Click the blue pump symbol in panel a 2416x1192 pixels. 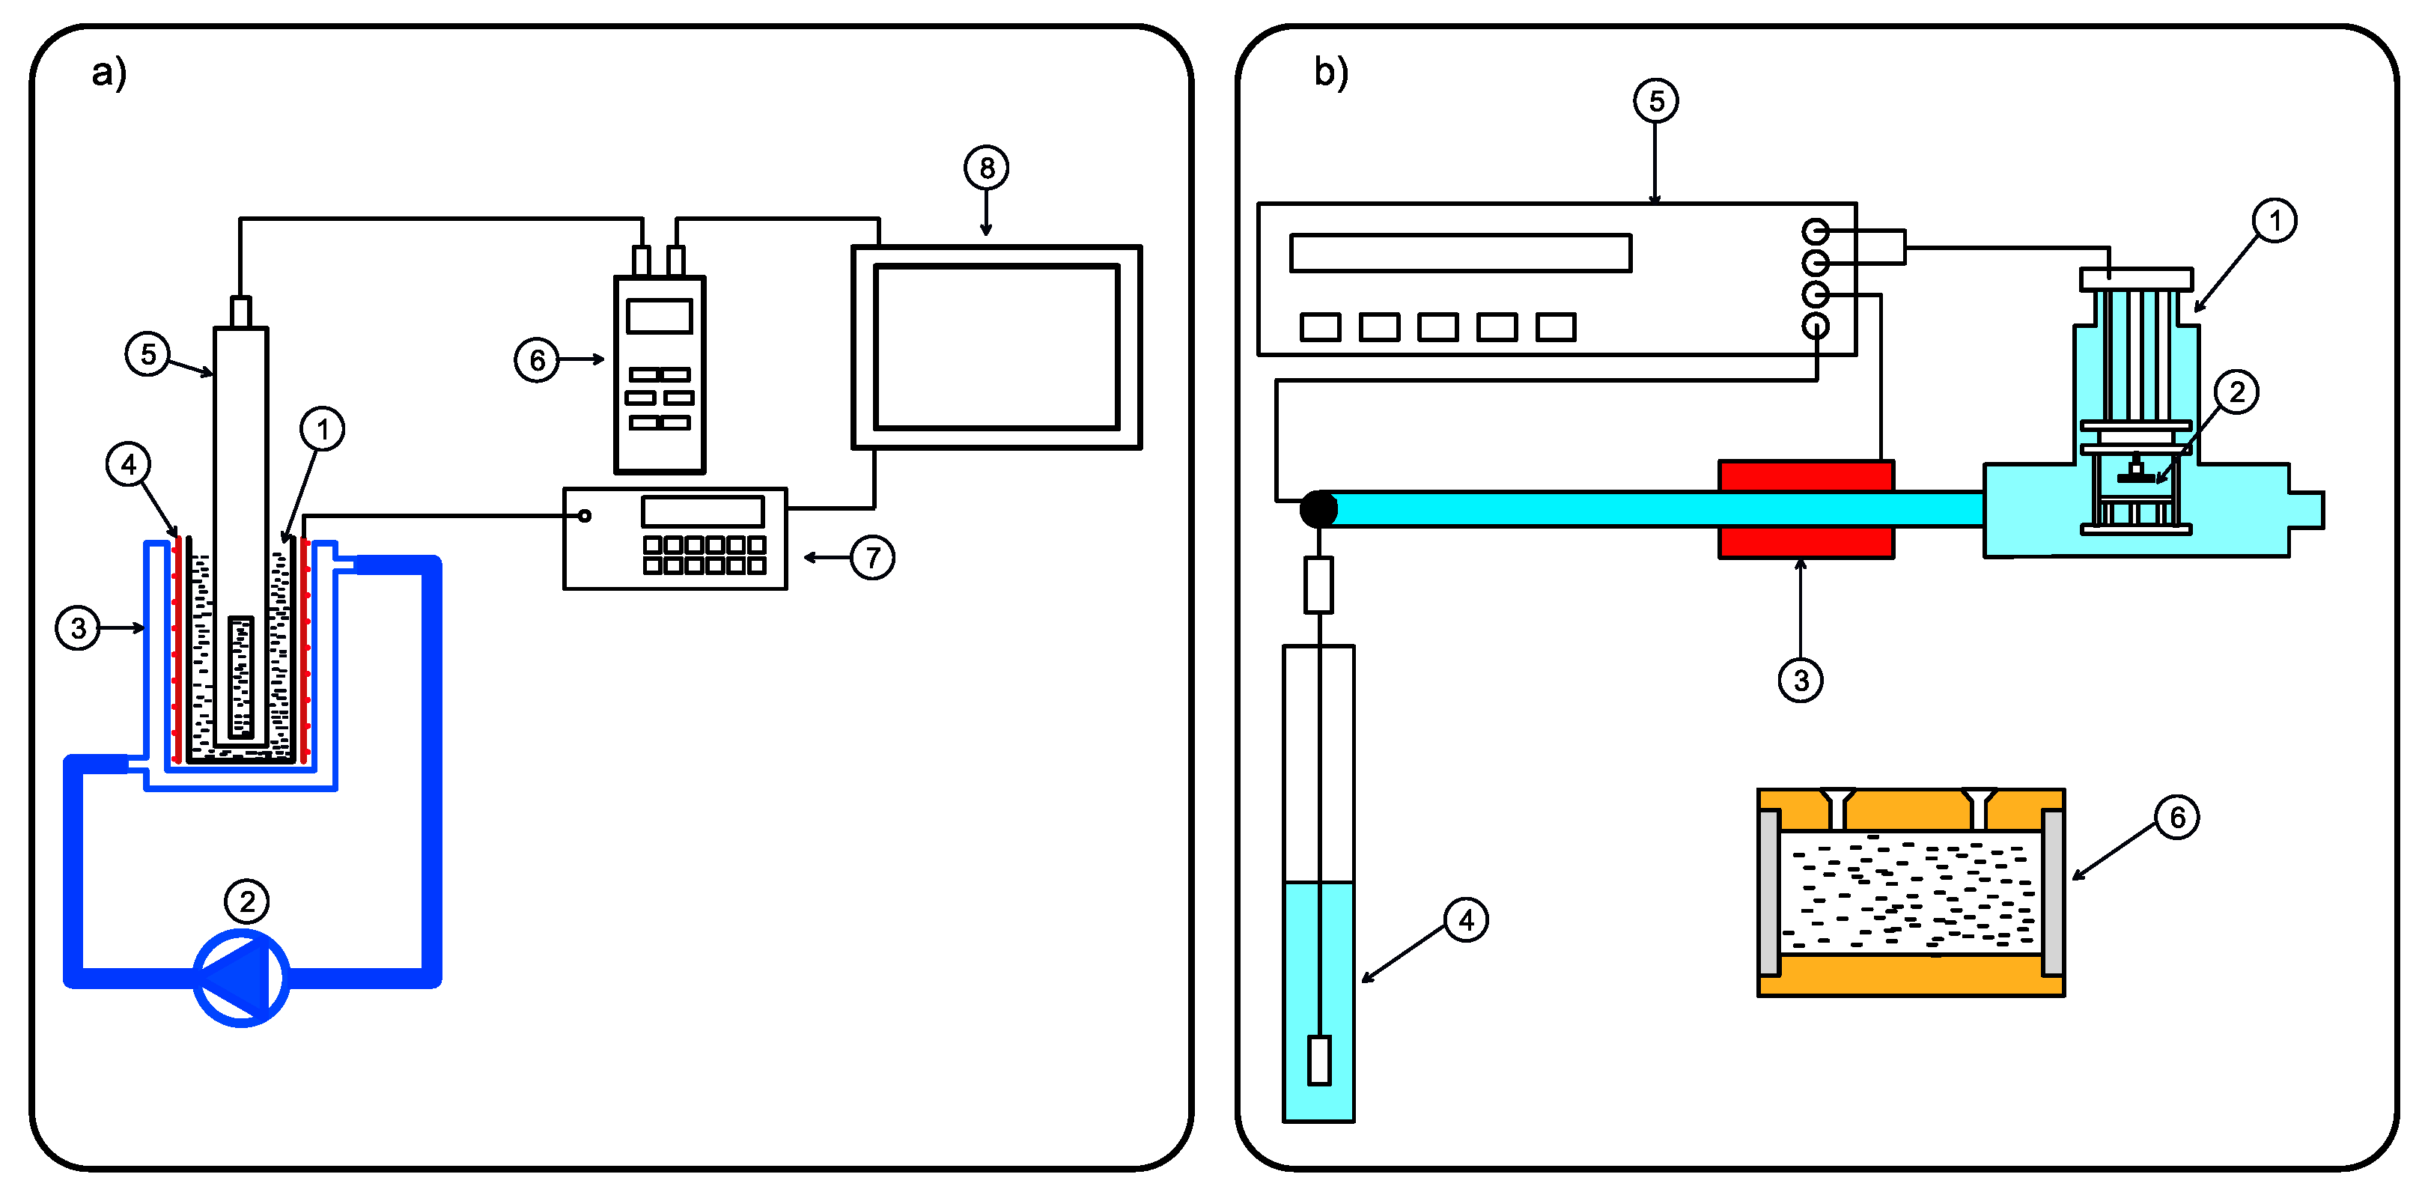tap(241, 977)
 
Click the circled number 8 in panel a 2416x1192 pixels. tap(986, 168)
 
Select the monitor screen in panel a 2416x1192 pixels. tap(996, 347)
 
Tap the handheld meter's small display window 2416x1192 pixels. tap(660, 316)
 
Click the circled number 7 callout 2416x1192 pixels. tap(872, 558)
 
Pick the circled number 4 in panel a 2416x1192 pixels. tap(129, 464)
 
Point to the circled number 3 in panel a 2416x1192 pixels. tap(78, 627)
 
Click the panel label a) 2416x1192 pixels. tap(109, 72)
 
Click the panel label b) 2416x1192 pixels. tap(1330, 72)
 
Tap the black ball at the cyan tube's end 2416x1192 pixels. tap(1318, 509)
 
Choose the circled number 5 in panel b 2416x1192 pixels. tap(1655, 100)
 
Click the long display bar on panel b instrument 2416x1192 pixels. tap(1460, 253)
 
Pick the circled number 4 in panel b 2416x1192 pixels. tap(1466, 920)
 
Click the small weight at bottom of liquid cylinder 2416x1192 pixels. tap(1318, 1059)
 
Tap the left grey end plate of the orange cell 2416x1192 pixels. tap(1769, 893)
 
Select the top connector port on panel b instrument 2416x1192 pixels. tap(1815, 231)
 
